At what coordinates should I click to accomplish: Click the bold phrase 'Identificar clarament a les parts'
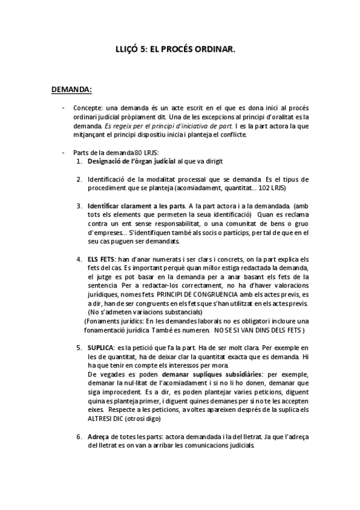click(136, 206)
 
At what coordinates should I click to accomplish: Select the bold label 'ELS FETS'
click(102, 259)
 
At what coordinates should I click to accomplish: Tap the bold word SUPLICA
click(103, 348)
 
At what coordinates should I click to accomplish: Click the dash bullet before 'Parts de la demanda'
click(64, 153)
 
